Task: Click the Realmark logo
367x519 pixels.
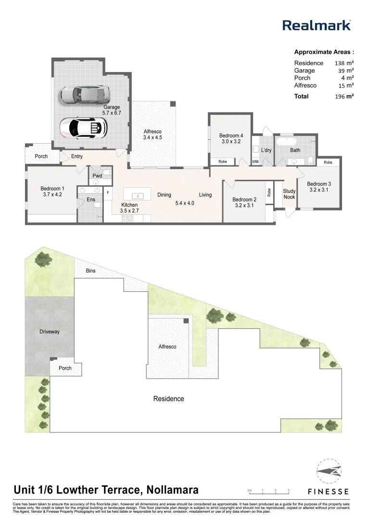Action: [x=316, y=25]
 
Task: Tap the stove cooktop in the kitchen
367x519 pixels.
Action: [x=127, y=218]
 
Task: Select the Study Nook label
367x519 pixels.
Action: [x=289, y=194]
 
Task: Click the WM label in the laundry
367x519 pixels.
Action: [x=255, y=162]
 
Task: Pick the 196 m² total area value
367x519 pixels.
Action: [x=344, y=96]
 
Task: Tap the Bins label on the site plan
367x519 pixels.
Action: [x=90, y=271]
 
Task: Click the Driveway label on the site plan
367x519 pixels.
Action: [x=50, y=332]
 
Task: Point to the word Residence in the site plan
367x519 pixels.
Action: [x=168, y=398]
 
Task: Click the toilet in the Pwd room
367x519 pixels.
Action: [x=107, y=172]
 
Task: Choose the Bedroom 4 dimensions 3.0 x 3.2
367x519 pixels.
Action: [x=231, y=142]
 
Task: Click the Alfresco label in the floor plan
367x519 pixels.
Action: [x=152, y=131]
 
